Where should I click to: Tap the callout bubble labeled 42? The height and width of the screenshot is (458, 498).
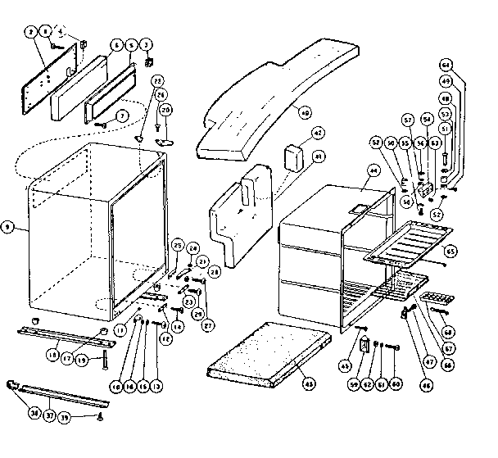(318, 133)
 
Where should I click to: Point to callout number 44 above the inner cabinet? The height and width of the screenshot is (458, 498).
(373, 171)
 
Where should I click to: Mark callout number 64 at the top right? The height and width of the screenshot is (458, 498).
(469, 63)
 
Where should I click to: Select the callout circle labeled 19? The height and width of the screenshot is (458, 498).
(83, 358)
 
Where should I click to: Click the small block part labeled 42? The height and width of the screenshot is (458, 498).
(294, 156)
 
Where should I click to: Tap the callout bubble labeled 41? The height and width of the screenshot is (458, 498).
(319, 155)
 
